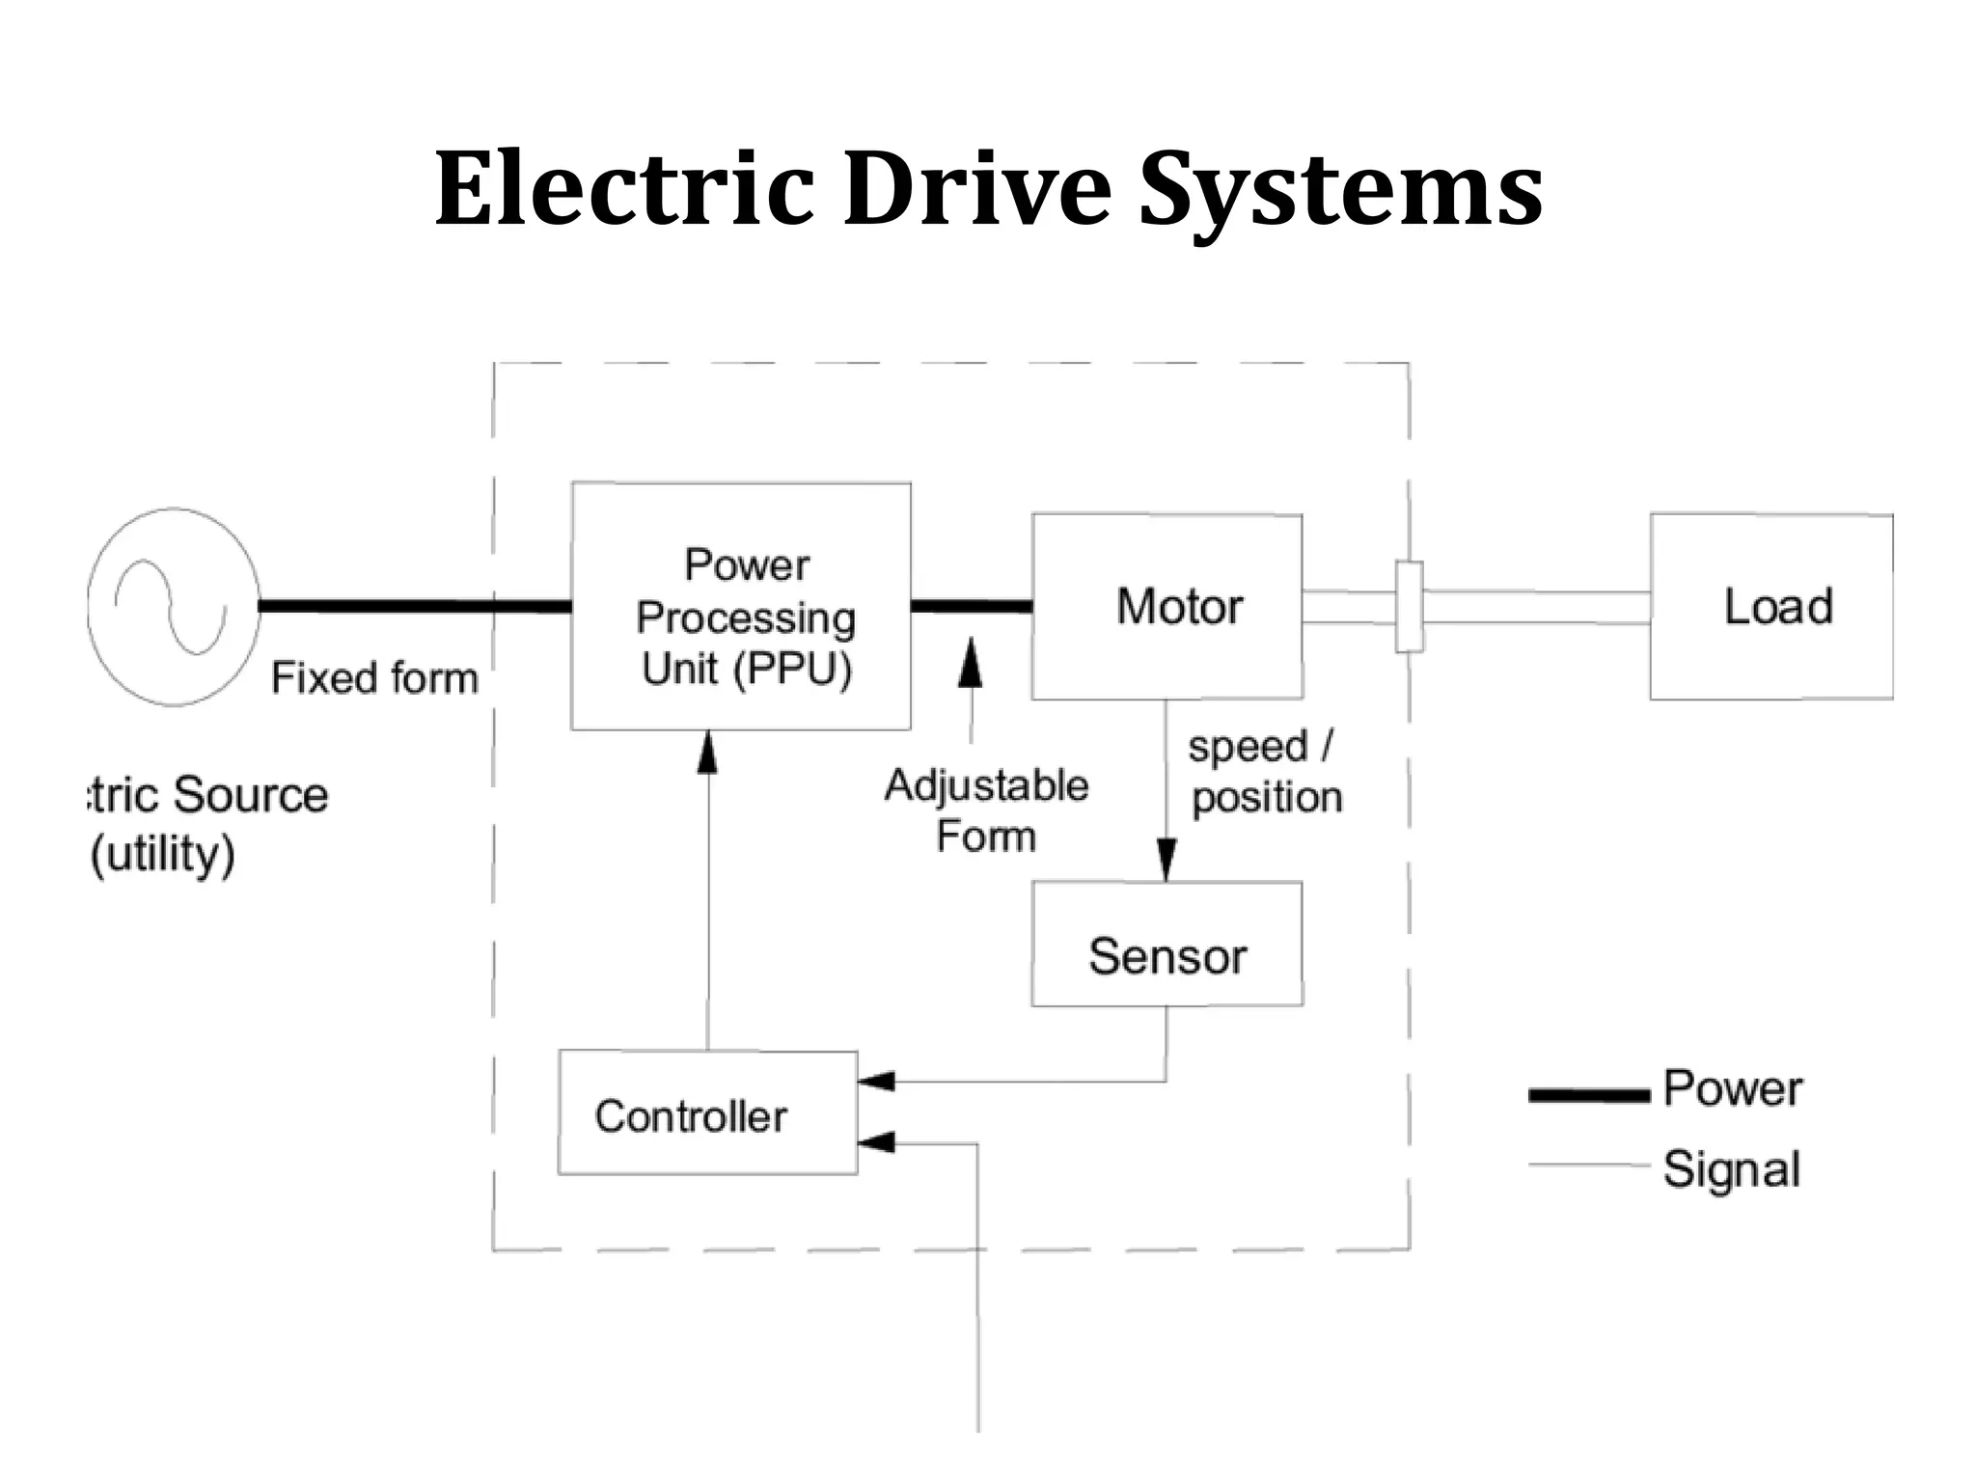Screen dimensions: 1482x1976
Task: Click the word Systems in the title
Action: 1340,190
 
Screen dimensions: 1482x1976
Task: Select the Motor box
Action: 1166,606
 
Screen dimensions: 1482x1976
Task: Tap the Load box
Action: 1771,606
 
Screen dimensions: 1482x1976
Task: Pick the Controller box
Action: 707,1113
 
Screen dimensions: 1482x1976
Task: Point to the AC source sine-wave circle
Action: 173,607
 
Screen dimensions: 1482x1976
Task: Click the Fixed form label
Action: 374,677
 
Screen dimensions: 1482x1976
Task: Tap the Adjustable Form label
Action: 986,810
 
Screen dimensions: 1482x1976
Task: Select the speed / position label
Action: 1264,772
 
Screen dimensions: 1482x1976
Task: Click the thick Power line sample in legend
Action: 1588,1094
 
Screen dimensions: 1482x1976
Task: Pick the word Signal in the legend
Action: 1732,1168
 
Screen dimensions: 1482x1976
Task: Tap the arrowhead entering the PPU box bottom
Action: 707,752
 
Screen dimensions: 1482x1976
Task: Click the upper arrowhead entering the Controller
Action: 876,1081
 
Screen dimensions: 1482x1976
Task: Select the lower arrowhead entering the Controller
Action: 876,1143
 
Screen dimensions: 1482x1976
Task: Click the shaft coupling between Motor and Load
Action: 1409,607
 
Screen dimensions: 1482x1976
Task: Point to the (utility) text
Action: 162,854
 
